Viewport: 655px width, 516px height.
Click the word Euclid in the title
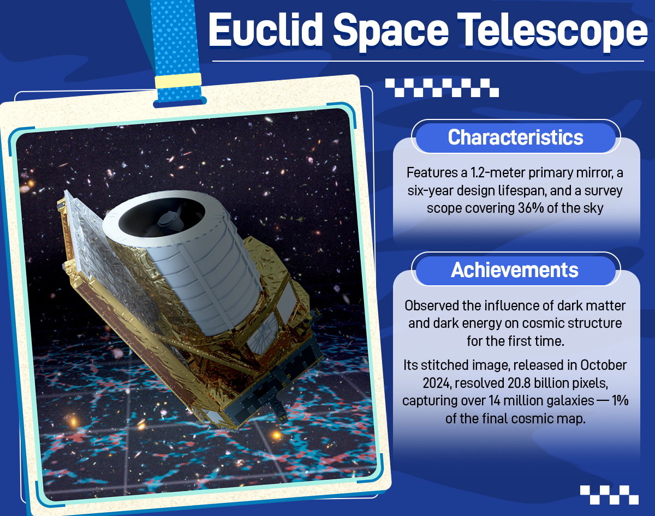coord(265,30)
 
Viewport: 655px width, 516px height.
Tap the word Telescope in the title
coord(552,33)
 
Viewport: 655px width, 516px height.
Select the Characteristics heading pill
coord(516,137)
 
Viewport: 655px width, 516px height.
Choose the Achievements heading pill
coord(516,270)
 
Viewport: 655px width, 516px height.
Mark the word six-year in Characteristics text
coord(429,191)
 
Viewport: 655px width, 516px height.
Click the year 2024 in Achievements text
coord(437,383)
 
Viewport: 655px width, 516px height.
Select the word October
coord(603,365)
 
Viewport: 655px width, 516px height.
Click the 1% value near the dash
coord(620,401)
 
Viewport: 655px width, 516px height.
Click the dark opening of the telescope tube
coord(162,217)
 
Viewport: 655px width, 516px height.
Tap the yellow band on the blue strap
coord(178,81)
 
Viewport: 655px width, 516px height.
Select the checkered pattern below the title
coord(442,88)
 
